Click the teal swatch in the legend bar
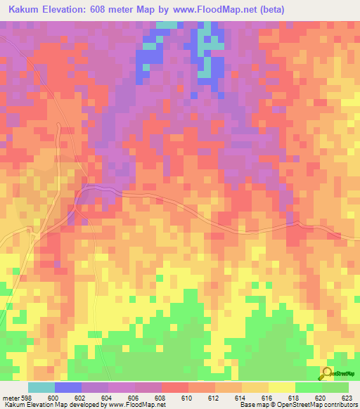(41, 387)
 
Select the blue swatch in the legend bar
(68, 387)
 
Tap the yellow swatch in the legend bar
(282, 387)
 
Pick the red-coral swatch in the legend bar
(175, 387)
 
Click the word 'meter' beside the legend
(10, 397)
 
